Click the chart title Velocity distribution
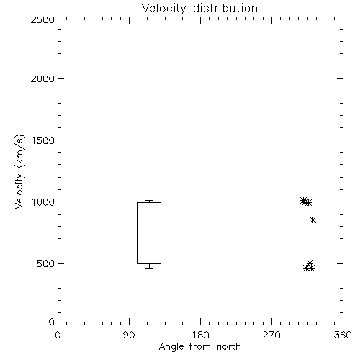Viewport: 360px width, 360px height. tap(199, 9)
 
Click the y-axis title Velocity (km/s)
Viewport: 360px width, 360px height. tap(19, 172)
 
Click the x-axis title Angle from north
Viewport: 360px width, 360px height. tap(199, 346)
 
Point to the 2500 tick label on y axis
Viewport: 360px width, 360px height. tap(42, 19)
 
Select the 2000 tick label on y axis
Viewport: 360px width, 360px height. tap(42, 78)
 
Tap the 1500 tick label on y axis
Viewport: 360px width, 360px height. tap(42, 140)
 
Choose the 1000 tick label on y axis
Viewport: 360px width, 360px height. tap(42, 202)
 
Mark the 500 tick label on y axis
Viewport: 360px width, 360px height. tap(46, 264)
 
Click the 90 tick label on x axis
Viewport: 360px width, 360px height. tap(129, 335)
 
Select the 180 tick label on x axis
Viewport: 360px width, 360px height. tap(200, 335)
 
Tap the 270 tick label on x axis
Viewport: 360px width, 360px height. tap(271, 335)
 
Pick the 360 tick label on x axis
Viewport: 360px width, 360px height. tap(343, 335)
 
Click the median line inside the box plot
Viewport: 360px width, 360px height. tap(149, 220)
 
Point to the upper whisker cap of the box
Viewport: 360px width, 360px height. tap(149, 201)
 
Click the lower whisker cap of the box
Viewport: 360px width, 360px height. tap(149, 268)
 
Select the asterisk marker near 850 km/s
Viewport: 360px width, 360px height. tap(312, 220)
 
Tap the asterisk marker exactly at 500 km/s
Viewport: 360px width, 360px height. tap(310, 263)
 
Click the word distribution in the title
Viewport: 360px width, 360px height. tap(225, 9)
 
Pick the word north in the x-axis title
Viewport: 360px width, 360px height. tap(229, 346)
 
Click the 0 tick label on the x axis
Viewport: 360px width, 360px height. tap(58, 335)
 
